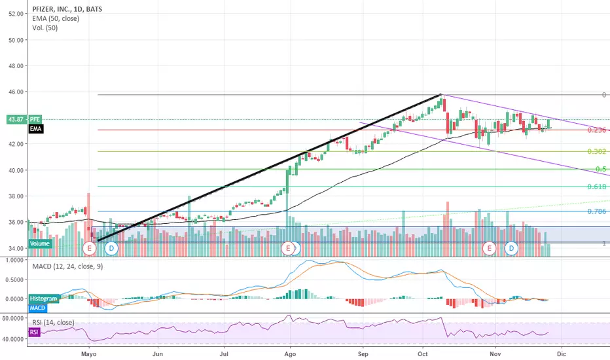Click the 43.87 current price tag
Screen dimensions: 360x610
tap(14, 119)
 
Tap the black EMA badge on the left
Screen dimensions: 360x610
tap(37, 130)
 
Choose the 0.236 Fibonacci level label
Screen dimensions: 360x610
tap(596, 130)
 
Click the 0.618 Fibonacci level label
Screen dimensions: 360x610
tap(596, 187)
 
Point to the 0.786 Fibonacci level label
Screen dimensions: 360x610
tap(596, 211)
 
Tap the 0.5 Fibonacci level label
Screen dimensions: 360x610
tap(601, 170)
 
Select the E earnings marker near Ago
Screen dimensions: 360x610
tap(287, 248)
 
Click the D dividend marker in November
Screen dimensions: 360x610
tap(512, 248)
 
